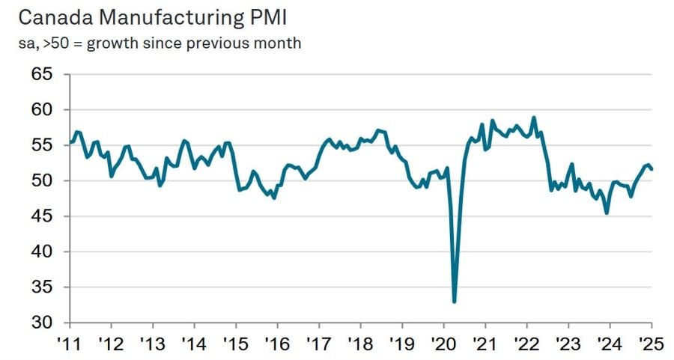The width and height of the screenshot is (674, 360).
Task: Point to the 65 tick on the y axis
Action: (x=43, y=74)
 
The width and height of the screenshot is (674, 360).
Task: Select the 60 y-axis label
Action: (x=43, y=110)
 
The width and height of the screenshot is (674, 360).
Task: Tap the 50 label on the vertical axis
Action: (x=43, y=181)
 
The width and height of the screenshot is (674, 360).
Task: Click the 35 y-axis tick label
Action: (x=43, y=287)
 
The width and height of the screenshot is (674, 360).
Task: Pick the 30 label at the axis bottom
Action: (x=43, y=323)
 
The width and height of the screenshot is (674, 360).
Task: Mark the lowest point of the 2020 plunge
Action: (x=455, y=302)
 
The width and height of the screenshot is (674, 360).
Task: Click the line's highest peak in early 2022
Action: (x=533, y=118)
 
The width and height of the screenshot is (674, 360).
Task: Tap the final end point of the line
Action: (x=651, y=169)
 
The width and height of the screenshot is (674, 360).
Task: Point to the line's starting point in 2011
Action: (x=70, y=142)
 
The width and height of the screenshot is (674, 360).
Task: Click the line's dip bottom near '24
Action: (x=607, y=213)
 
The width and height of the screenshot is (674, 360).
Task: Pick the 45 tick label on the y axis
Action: (x=43, y=216)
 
